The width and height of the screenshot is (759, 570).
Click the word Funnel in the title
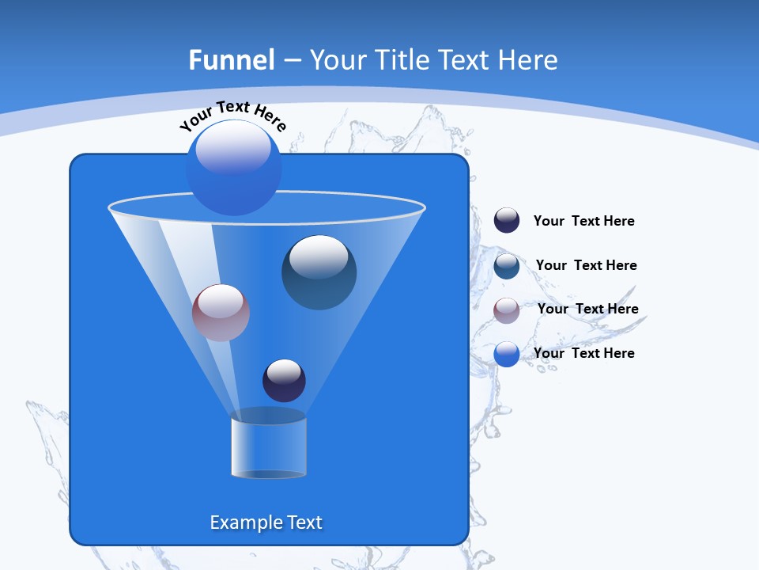(231, 60)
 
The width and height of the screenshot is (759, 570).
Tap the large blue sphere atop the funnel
(233, 168)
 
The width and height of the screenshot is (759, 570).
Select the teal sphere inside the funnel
(319, 273)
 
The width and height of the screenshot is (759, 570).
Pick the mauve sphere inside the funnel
(221, 313)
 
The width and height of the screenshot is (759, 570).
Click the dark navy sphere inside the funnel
(284, 381)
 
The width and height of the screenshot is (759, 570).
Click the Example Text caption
(266, 522)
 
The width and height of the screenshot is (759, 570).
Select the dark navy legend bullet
(507, 221)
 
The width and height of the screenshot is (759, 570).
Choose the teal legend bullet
(507, 266)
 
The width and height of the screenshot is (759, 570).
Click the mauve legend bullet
(507, 310)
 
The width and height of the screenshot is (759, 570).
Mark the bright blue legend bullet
(507, 354)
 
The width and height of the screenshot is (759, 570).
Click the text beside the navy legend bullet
(583, 222)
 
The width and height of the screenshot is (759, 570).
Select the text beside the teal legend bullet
(586, 266)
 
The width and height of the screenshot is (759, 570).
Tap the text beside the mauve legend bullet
(587, 310)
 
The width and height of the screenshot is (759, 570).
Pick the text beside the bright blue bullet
(583, 354)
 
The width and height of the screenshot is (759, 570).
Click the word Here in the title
(530, 60)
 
